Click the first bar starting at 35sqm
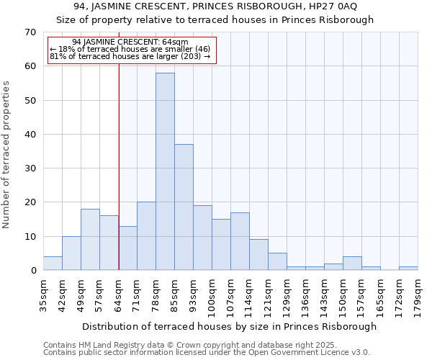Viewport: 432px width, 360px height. coord(53,264)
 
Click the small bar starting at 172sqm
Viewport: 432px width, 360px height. coord(408,269)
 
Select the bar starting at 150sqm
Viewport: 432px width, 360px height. coord(352,264)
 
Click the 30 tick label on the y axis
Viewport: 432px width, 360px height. coord(30,168)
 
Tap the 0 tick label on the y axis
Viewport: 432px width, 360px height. coord(32,271)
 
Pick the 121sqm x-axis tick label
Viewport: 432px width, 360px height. coord(269,294)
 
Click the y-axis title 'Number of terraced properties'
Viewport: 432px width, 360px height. coord(7,155)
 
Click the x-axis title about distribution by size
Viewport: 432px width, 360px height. coord(229,326)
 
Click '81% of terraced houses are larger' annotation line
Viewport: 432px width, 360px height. coord(130,56)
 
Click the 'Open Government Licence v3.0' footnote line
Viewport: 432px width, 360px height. coord(207,352)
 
